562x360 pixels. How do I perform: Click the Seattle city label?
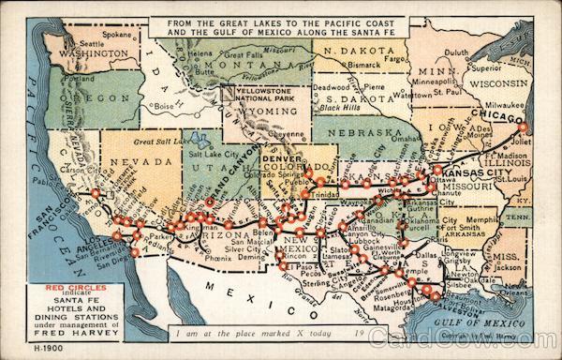(92, 44)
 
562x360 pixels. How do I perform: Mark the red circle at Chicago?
(525, 127)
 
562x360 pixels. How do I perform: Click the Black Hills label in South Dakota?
(338, 108)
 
